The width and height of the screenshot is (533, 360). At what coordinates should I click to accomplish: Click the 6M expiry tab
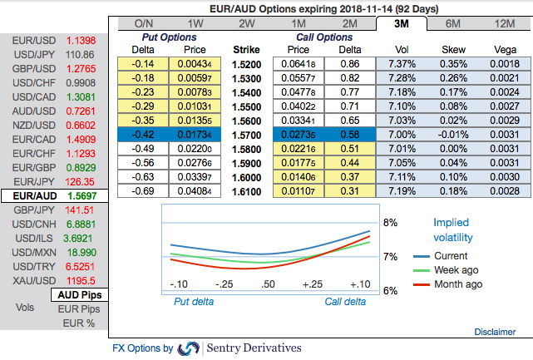pos(454,23)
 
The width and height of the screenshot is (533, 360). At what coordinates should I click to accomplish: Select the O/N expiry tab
pos(143,23)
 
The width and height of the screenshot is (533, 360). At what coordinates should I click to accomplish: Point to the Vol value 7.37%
pos(402,63)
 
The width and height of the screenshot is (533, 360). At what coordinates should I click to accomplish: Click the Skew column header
pos(454,49)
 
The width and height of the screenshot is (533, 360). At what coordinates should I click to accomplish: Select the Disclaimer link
pos(495,332)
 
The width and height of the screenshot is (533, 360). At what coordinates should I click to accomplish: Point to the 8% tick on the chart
pos(389,223)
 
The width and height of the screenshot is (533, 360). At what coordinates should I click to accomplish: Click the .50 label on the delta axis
pos(268,284)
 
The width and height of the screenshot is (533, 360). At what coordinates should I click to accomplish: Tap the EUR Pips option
pos(80,308)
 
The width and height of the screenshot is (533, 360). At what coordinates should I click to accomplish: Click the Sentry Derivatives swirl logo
pos(189,348)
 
